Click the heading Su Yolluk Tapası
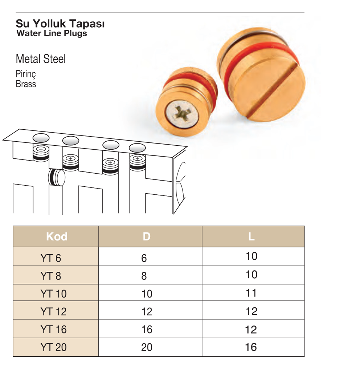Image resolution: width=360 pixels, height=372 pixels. click(x=60, y=24)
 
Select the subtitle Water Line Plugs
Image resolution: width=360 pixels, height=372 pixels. click(x=52, y=33)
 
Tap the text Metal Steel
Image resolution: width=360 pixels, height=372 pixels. click(x=41, y=59)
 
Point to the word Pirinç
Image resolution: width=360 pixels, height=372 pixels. click(x=26, y=74)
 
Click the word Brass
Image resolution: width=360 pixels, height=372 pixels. click(x=26, y=84)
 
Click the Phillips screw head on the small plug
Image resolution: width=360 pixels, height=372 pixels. click(x=182, y=114)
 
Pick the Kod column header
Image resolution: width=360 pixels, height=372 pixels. click(x=57, y=236)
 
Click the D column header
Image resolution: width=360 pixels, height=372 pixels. click(x=147, y=236)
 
